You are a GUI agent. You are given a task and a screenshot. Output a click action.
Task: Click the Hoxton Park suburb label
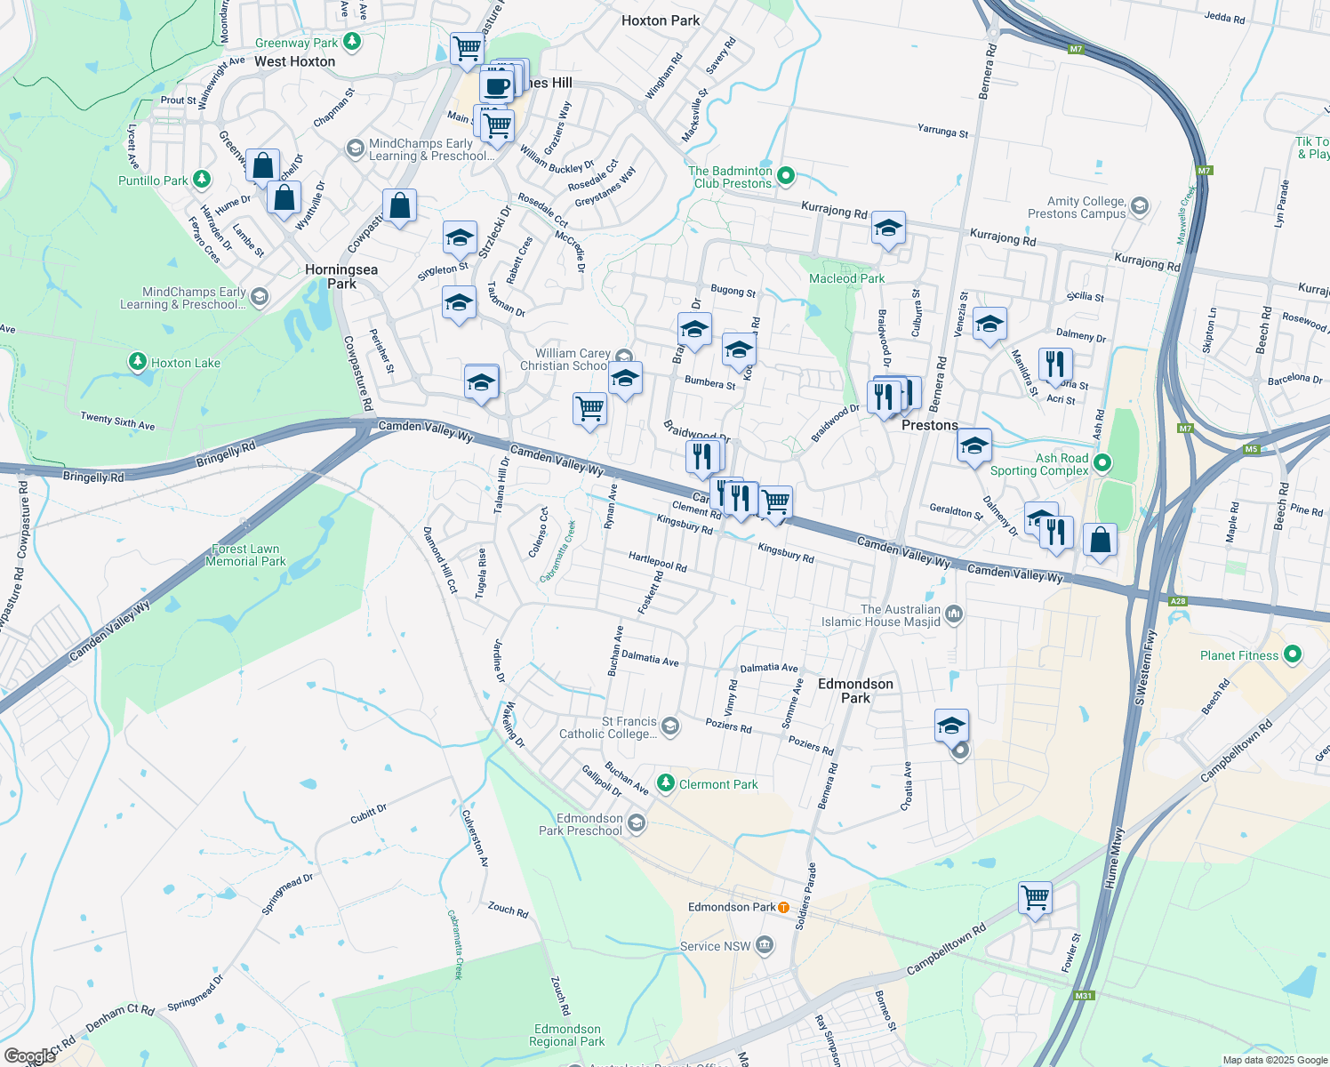pos(661,20)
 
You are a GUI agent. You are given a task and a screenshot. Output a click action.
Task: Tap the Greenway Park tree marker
pos(353,41)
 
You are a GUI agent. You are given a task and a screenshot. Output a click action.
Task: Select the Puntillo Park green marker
pos(202,180)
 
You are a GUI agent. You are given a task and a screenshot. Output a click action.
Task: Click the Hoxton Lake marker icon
pos(137,362)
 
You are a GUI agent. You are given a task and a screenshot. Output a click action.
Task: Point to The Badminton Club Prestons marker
pos(786,176)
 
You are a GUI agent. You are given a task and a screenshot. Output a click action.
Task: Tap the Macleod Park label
pos(846,278)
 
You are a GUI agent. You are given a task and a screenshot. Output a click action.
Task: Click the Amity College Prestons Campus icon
pos(1140,207)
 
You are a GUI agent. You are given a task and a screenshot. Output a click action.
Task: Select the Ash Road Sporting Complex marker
pos(1102,463)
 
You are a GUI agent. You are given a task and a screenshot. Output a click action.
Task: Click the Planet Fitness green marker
pos(1293,655)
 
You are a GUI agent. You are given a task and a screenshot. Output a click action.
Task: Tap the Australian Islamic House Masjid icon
pos(954,614)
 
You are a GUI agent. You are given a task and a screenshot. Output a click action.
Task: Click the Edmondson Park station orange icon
pos(783,907)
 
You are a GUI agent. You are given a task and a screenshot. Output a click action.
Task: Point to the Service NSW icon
pos(765,946)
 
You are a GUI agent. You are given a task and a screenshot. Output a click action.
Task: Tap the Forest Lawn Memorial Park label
pos(245,555)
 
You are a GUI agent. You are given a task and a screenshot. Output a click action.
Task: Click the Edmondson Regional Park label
pos(566,1035)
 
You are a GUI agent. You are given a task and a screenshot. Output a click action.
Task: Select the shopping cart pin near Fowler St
pos(1036,898)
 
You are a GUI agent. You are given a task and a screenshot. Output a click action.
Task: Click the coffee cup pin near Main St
pos(496,87)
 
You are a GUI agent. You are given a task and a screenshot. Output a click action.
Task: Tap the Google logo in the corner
pos(29,1056)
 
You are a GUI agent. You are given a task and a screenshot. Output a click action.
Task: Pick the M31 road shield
pos(1083,996)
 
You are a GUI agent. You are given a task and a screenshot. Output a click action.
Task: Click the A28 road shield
pos(1177,602)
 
